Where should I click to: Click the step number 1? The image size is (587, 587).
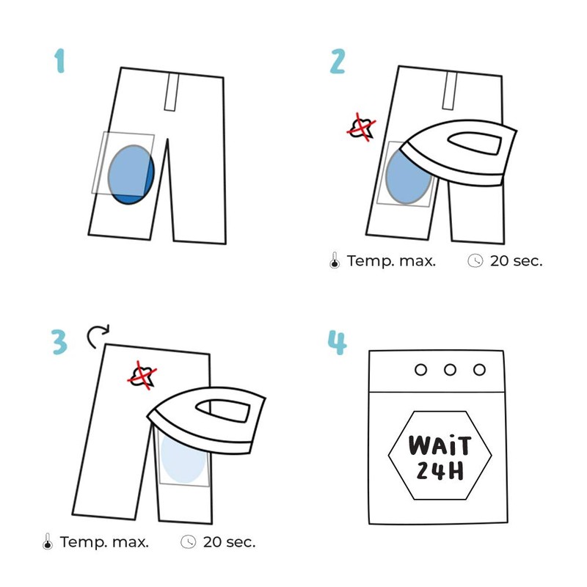click(x=59, y=62)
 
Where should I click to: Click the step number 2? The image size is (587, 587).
click(x=337, y=62)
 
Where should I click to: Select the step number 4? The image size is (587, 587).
click(x=338, y=342)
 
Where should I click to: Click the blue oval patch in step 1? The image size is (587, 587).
click(x=130, y=175)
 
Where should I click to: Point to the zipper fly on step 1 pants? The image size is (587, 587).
click(x=172, y=92)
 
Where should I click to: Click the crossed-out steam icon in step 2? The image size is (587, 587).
click(x=362, y=128)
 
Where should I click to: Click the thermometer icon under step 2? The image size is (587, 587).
click(x=335, y=260)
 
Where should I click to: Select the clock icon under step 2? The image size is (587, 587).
click(x=475, y=260)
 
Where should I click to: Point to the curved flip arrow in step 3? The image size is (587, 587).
click(x=96, y=336)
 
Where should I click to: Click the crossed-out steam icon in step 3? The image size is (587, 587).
click(x=144, y=375)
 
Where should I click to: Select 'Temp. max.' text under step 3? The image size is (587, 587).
click(x=104, y=542)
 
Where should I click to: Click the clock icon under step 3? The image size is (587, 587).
click(x=189, y=542)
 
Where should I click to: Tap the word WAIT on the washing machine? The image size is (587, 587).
click(x=439, y=445)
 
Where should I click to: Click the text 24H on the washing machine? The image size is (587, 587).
click(x=439, y=471)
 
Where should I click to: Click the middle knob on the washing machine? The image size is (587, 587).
click(x=450, y=370)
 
